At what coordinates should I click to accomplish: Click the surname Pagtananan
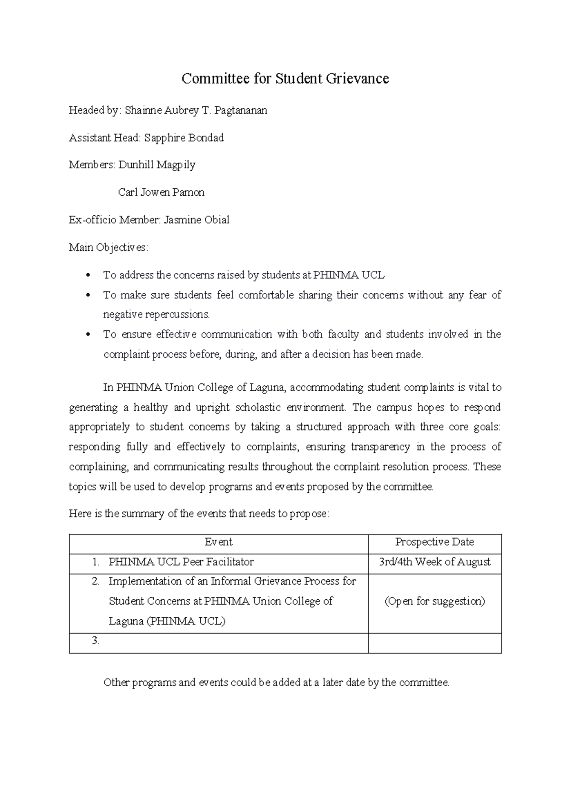point(240,111)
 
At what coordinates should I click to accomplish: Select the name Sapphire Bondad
point(184,138)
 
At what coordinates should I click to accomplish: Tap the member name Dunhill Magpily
point(157,165)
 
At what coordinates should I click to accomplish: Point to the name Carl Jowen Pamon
point(161,192)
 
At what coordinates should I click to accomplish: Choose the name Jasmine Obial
point(196,220)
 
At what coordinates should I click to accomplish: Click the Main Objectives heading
point(108,248)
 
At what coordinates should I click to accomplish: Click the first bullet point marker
point(87,276)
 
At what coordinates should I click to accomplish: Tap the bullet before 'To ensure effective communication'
point(87,335)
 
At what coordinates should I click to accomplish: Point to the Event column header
point(218,542)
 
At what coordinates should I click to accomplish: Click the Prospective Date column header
point(434,542)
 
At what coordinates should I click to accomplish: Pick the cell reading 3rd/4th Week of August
point(434,562)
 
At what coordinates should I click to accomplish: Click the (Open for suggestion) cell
point(434,602)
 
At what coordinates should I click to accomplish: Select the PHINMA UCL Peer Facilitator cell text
point(181,562)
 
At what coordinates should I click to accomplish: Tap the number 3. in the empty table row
point(96,641)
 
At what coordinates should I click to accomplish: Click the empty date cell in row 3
point(434,643)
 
